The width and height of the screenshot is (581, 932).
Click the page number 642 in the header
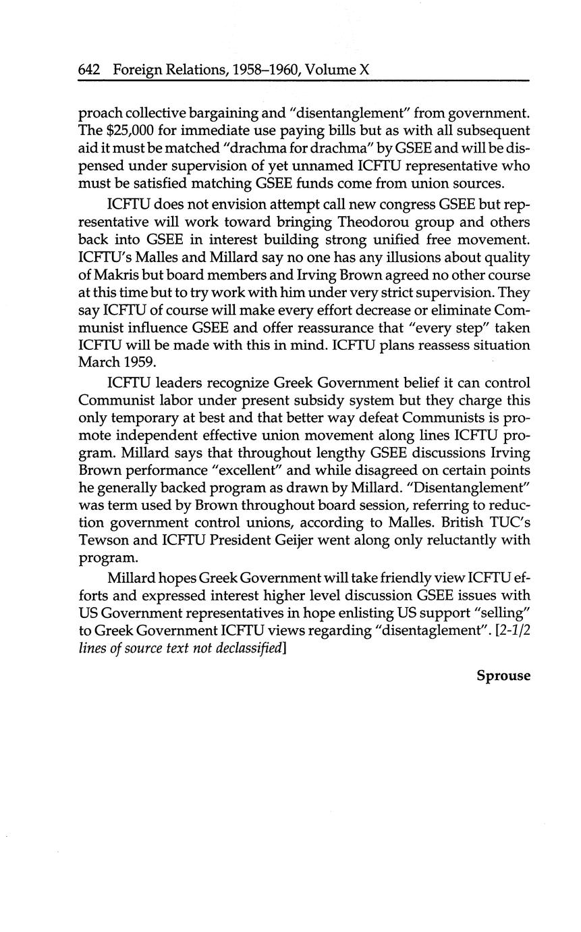tap(89, 70)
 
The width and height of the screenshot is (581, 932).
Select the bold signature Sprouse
tap(503, 676)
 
